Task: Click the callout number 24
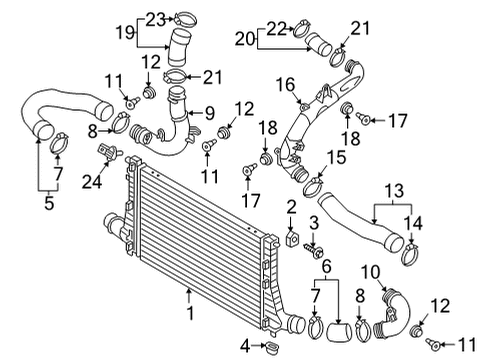(92, 182)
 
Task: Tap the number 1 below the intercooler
(190, 313)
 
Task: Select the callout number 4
(245, 346)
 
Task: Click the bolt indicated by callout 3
(314, 249)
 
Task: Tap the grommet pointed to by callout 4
(271, 347)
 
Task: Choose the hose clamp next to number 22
(303, 28)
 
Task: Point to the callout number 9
(210, 113)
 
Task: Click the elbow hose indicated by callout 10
(392, 313)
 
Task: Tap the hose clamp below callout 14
(410, 254)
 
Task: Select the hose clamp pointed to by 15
(313, 187)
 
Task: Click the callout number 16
(286, 84)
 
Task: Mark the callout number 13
(394, 191)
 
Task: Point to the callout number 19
(125, 33)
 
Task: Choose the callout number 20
(245, 39)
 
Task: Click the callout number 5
(49, 203)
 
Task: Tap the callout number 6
(327, 267)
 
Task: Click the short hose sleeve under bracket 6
(339, 332)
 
